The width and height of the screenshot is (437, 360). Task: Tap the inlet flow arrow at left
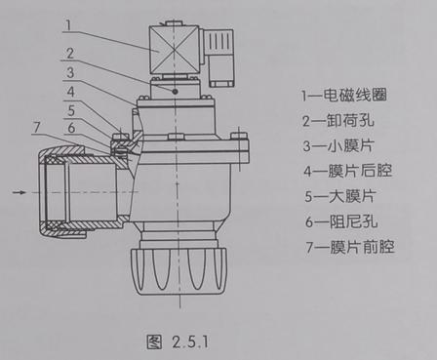[20, 193]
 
